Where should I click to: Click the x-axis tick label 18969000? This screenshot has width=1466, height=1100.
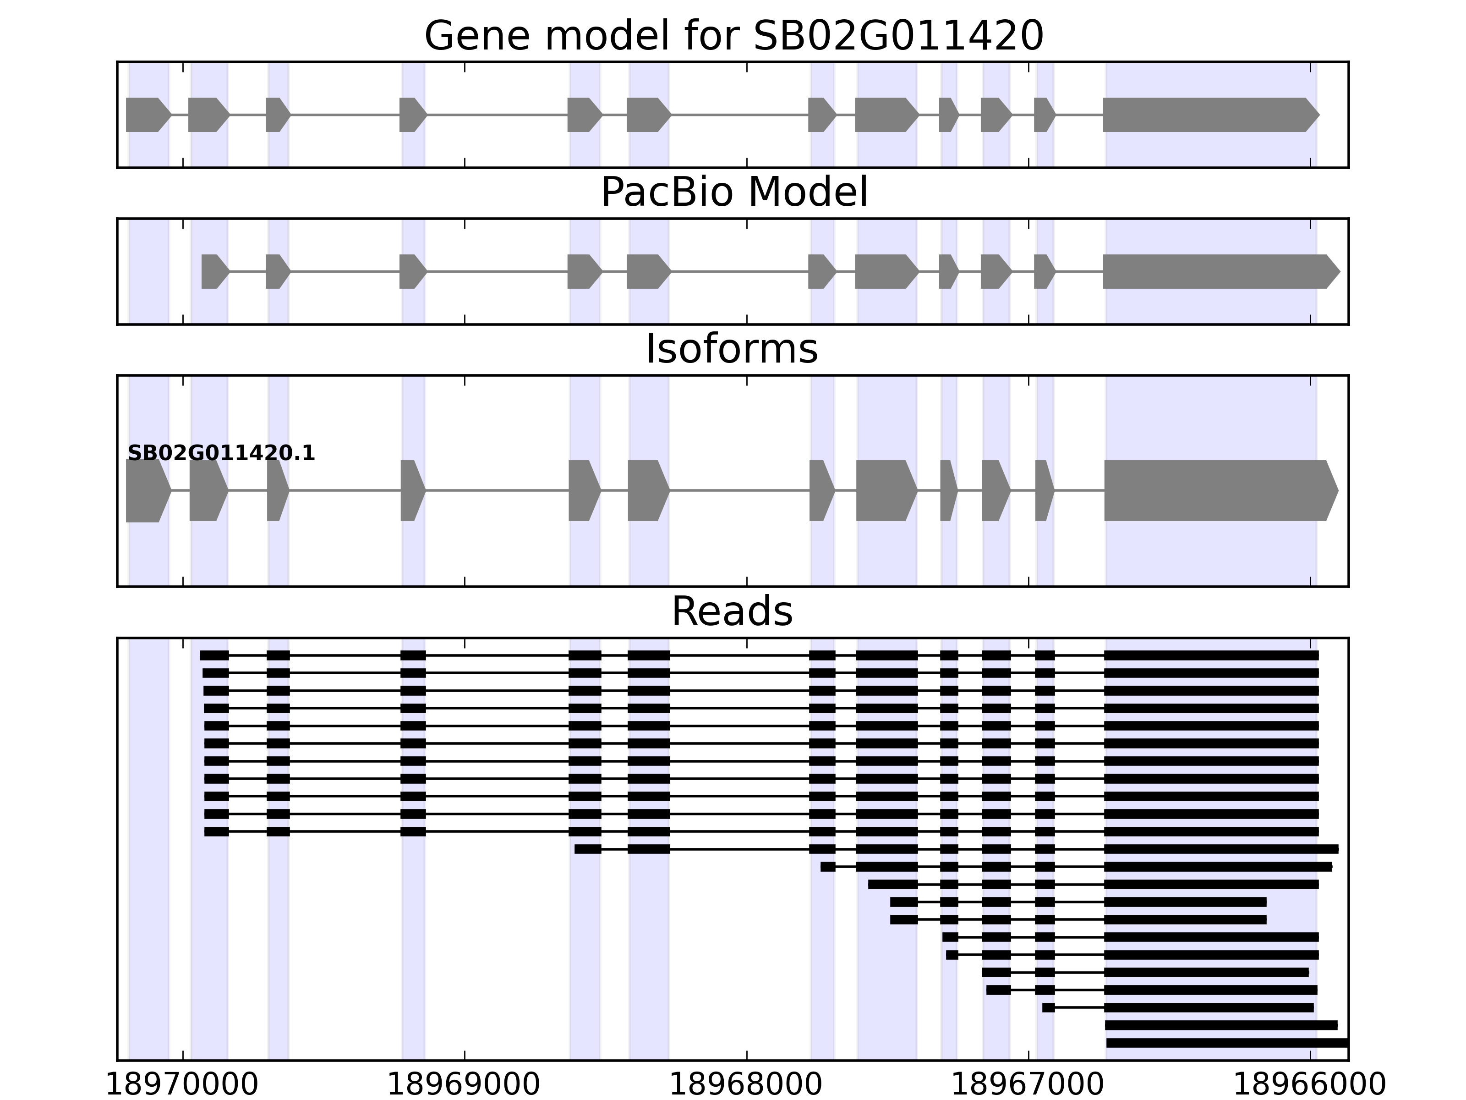464,1085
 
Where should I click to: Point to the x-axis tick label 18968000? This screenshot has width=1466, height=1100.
746,1085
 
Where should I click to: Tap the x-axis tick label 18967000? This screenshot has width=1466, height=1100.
1028,1085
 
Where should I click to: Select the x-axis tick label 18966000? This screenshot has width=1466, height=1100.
1310,1085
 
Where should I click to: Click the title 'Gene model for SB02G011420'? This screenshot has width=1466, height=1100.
733,36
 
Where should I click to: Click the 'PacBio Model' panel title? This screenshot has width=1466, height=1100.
733,192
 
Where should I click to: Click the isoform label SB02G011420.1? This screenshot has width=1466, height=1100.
221,454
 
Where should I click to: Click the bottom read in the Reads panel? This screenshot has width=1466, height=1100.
1226,1043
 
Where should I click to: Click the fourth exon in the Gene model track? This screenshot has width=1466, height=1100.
411,115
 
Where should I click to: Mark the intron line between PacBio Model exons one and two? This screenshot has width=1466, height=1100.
248,271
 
